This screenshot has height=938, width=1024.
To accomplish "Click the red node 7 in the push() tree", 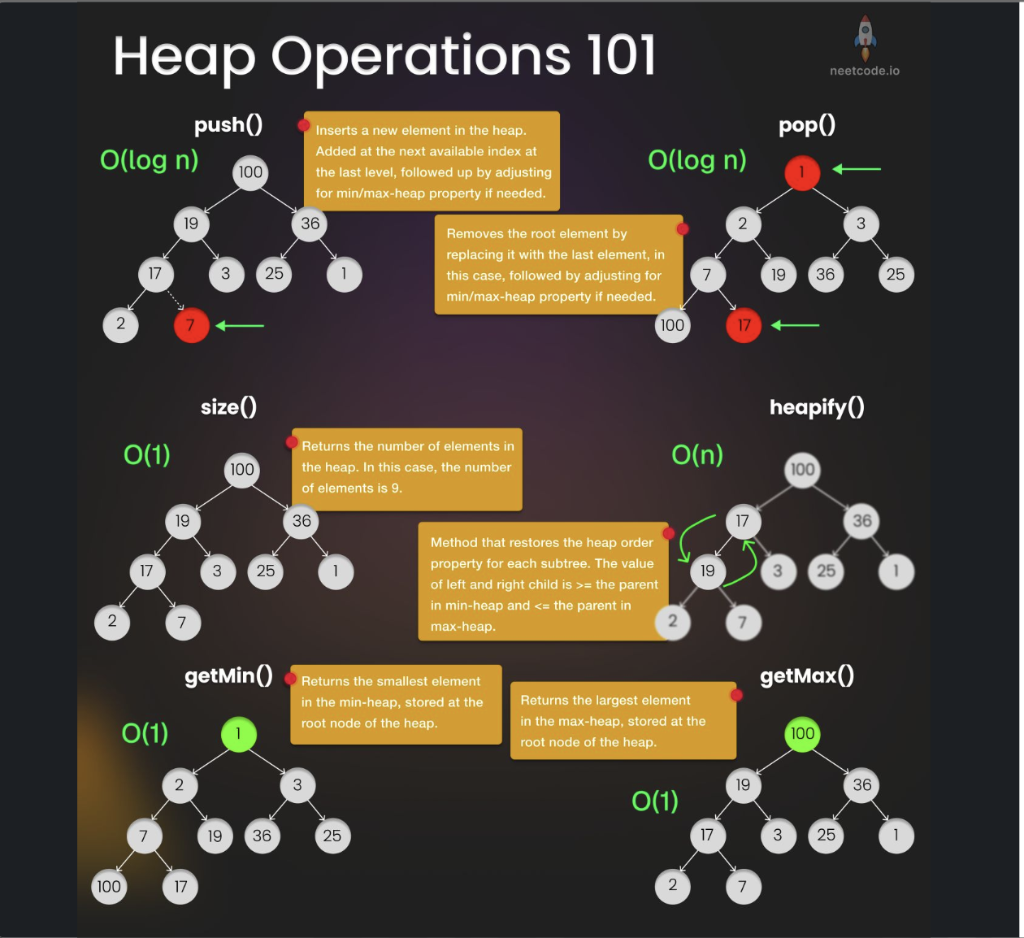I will point(191,325).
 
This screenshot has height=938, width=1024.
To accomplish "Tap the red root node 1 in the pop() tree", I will point(802,172).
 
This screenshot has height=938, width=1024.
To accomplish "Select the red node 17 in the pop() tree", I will point(744,325).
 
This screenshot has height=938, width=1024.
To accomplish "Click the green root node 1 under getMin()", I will point(238,734).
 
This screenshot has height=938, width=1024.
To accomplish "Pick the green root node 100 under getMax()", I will point(802,734).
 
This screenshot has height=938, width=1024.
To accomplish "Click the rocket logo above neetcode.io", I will point(866,37).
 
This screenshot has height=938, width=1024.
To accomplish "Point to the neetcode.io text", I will point(865,71).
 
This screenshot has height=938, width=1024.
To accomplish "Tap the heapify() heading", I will point(817,407).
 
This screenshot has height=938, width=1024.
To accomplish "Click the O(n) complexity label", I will point(697,455).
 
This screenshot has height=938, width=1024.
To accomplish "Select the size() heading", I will point(228,407).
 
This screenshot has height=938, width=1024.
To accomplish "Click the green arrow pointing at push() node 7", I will point(241,325).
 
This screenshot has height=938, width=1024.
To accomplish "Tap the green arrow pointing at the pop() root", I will point(857,169).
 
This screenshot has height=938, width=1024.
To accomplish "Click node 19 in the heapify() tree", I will point(708,571).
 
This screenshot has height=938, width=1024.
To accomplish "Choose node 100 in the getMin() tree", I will point(109,887).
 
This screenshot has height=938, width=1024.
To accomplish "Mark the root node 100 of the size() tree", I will point(241,470).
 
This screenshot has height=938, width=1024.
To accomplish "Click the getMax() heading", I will point(807,676).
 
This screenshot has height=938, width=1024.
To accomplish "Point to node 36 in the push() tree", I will point(310,224).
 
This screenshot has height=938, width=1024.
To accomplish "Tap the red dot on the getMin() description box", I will point(290,678).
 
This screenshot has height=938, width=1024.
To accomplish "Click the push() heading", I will point(228,125).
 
